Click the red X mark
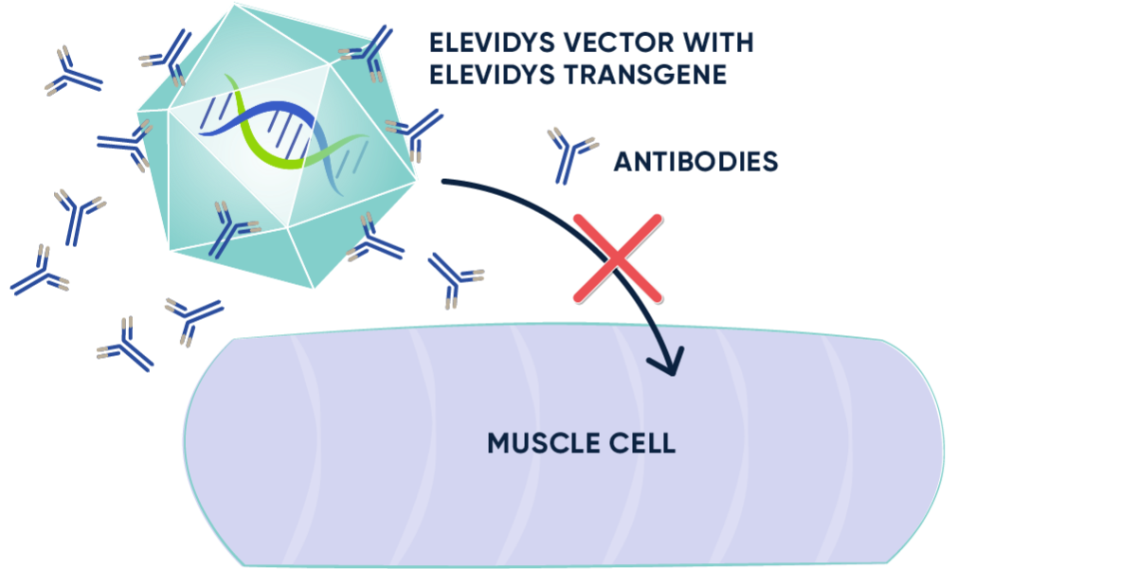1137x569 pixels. point(618,257)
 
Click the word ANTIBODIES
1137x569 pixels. point(695,162)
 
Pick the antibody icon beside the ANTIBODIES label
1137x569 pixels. point(571,154)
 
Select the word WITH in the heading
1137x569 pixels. point(721,44)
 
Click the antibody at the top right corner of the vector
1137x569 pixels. point(368,52)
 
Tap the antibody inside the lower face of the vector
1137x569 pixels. point(230,229)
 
